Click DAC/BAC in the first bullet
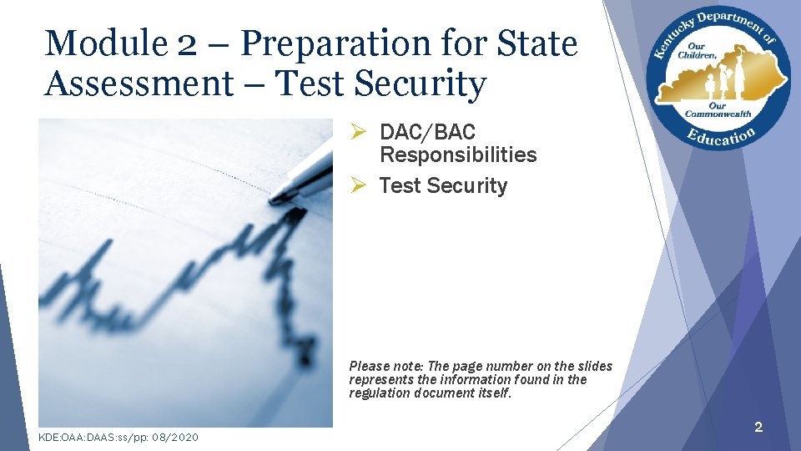[427, 132]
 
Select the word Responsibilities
[458, 155]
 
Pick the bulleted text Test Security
[443, 185]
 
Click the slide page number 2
[758, 428]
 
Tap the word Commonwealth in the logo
[718, 114]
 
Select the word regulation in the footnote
[377, 393]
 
